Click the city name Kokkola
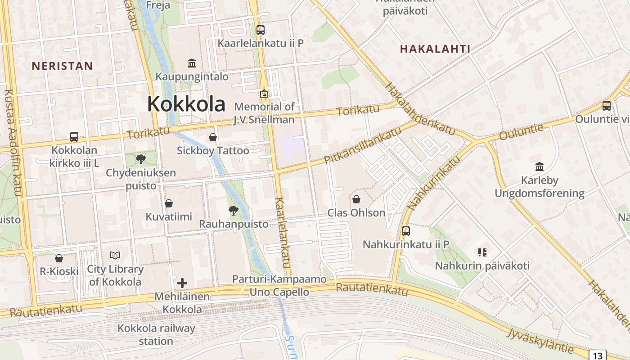(186, 104)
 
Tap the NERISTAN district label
(62, 66)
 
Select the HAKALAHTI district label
(435, 49)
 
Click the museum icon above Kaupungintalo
(192, 63)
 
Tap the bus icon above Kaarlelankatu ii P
(261, 30)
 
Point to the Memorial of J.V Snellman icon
(264, 94)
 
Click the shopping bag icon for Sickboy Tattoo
(213, 137)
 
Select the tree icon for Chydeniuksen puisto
(141, 158)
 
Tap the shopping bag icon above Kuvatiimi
(169, 203)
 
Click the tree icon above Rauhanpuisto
(234, 210)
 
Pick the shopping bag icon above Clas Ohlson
(356, 199)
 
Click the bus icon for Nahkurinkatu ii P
(406, 231)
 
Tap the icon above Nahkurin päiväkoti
(482, 252)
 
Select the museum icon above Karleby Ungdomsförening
(540, 167)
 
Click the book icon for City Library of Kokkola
(115, 256)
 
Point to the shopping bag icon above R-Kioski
(59, 258)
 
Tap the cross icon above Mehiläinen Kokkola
(182, 283)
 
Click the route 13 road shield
(598, 355)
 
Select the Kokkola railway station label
(156, 335)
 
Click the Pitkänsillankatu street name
(362, 145)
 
